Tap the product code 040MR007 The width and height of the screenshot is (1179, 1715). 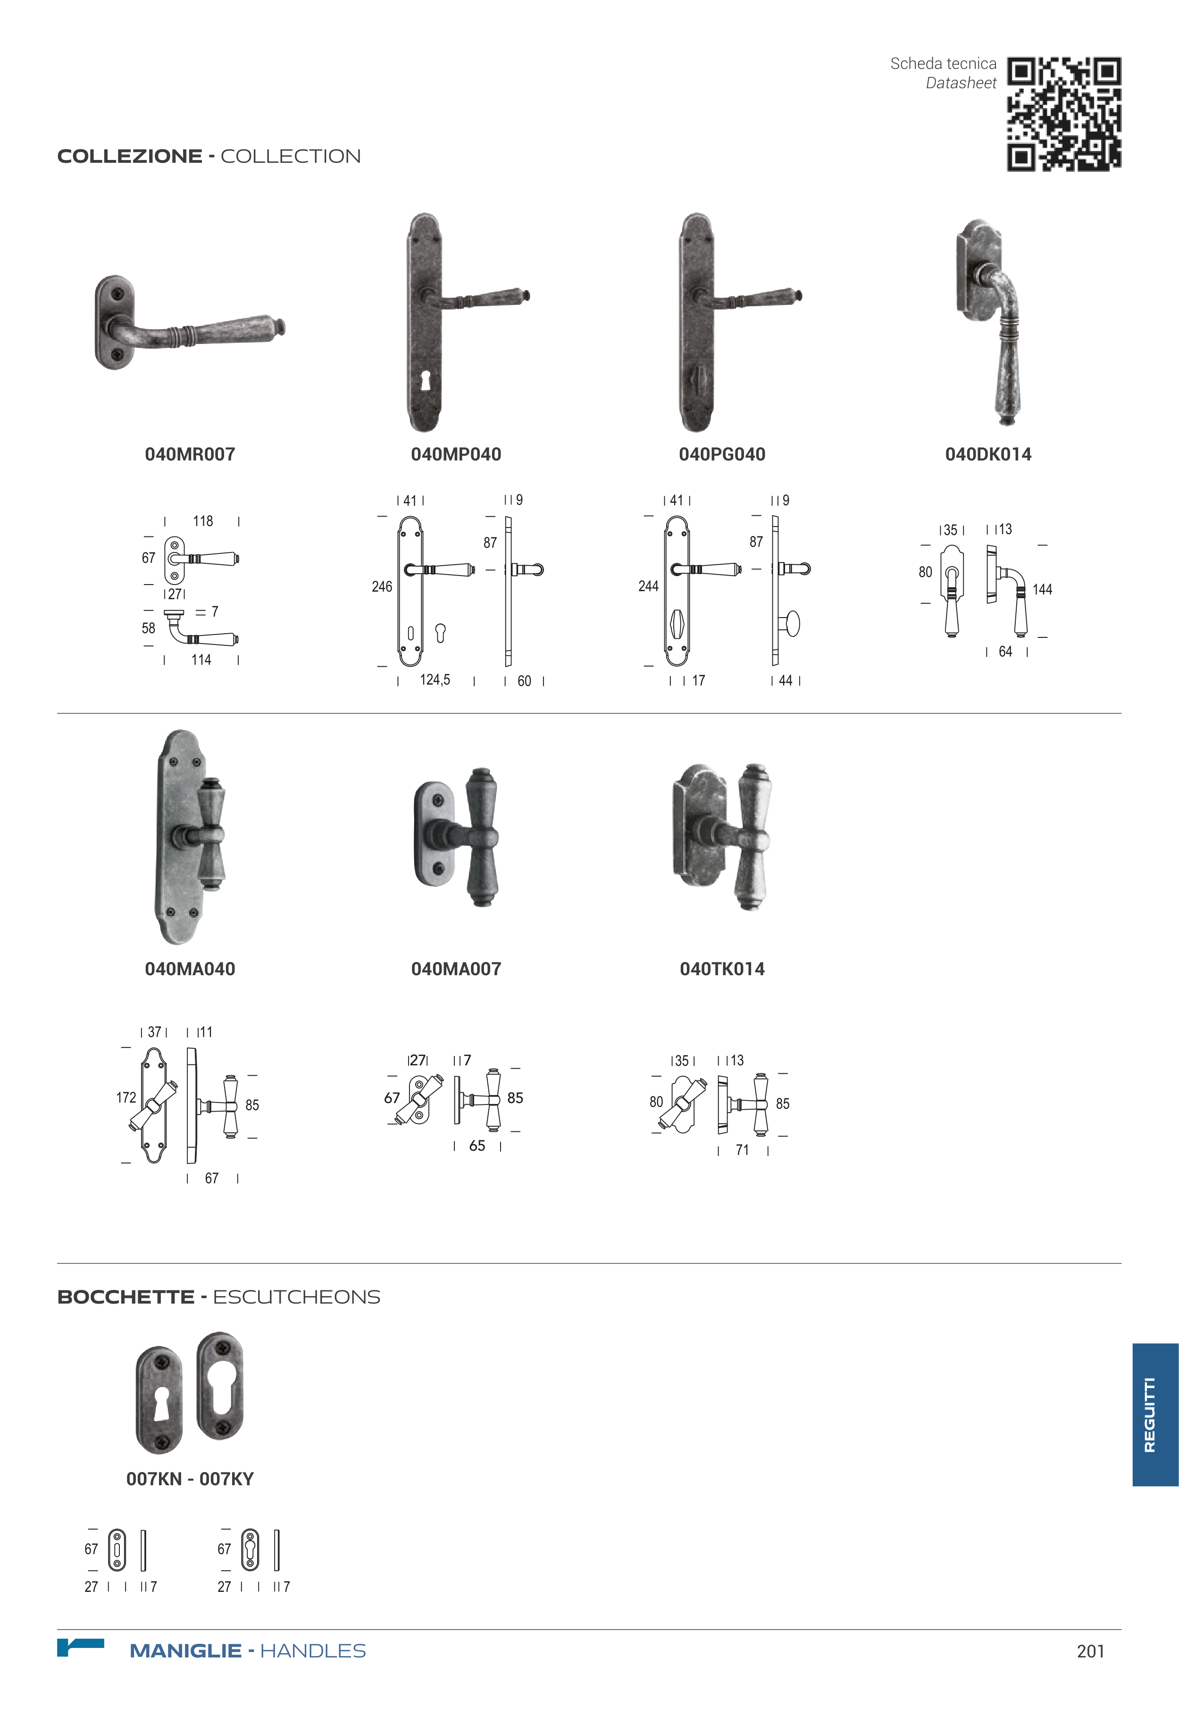point(190,454)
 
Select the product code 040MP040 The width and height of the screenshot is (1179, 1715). point(456,454)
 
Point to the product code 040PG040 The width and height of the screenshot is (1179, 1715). point(722,454)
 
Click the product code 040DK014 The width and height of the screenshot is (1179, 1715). point(987,454)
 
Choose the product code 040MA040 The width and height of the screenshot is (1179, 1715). point(190,969)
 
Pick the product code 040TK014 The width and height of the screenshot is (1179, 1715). point(722,969)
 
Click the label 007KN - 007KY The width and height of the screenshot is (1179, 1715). point(190,1479)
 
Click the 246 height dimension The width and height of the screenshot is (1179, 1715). point(382,586)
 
